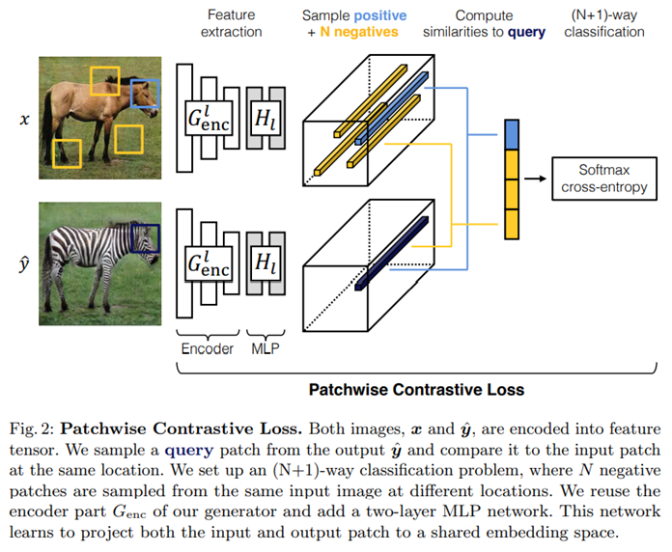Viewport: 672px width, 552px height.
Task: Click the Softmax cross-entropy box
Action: click(603, 179)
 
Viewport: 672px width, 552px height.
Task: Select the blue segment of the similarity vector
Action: click(513, 135)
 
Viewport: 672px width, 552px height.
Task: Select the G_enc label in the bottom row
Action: click(209, 262)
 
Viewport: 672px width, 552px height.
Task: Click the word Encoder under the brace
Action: click(207, 348)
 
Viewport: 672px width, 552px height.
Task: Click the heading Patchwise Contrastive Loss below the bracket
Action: click(416, 390)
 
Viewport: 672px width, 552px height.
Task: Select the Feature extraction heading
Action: click(231, 24)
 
